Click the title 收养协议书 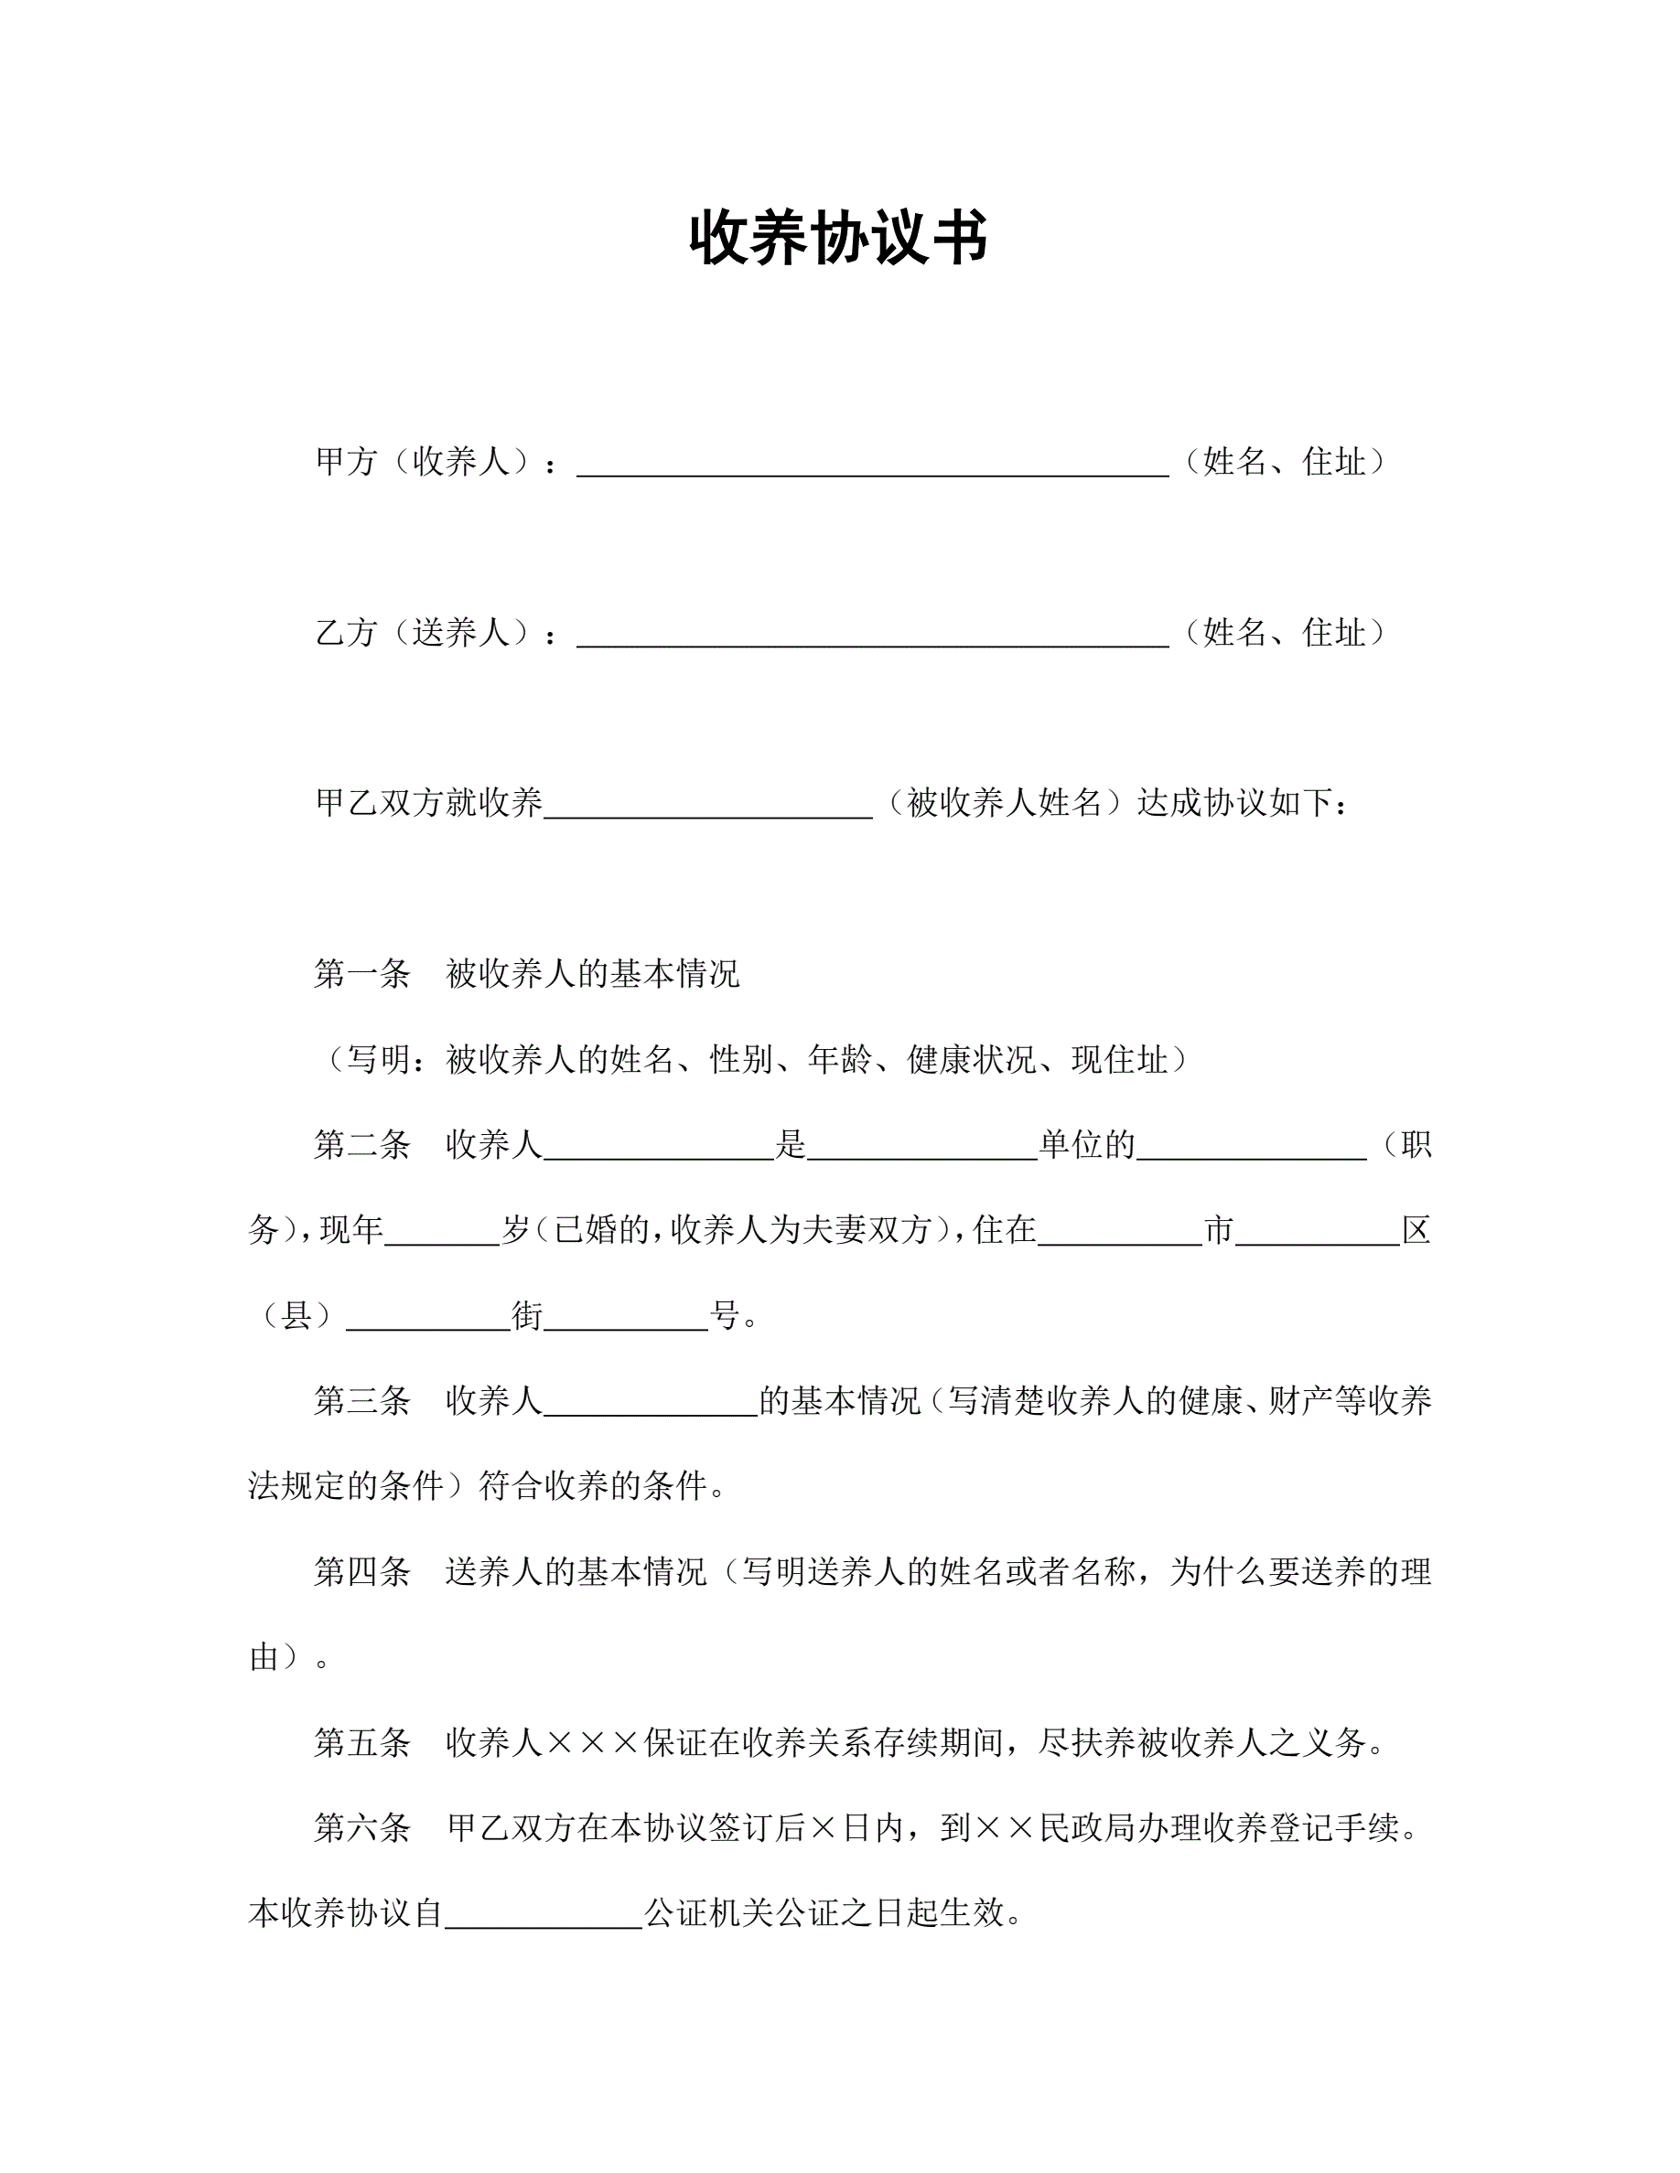pyautogui.click(x=839, y=238)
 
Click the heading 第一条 pyautogui.click(x=362, y=974)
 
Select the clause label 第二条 pyautogui.click(x=362, y=1145)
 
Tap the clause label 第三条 pyautogui.click(x=362, y=1401)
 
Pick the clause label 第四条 pyautogui.click(x=362, y=1572)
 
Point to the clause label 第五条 pyautogui.click(x=362, y=1743)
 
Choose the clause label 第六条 pyautogui.click(x=362, y=1827)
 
